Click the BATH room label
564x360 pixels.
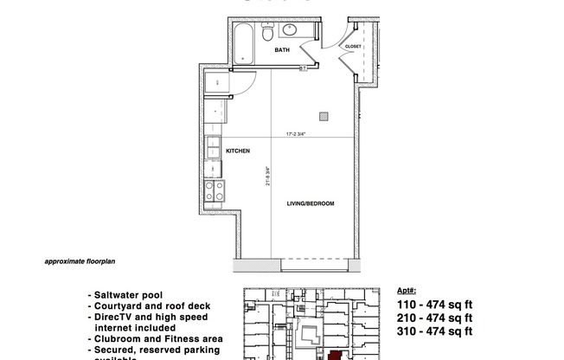pyautogui.click(x=282, y=51)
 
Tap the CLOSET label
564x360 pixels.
pyautogui.click(x=353, y=47)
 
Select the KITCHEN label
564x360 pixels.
pyautogui.click(x=238, y=151)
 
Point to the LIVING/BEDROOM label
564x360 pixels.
pyautogui.click(x=311, y=203)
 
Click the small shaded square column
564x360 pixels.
pyautogui.click(x=324, y=114)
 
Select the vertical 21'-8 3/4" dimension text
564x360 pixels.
pyautogui.click(x=268, y=177)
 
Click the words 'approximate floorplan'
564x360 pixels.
pyautogui.click(x=79, y=260)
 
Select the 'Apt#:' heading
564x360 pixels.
pyautogui.click(x=407, y=292)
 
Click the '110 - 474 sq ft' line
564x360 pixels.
pyautogui.click(x=434, y=305)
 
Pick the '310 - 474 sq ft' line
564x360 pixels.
pyautogui.click(x=434, y=331)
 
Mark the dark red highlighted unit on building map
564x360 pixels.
pyautogui.click(x=334, y=355)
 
